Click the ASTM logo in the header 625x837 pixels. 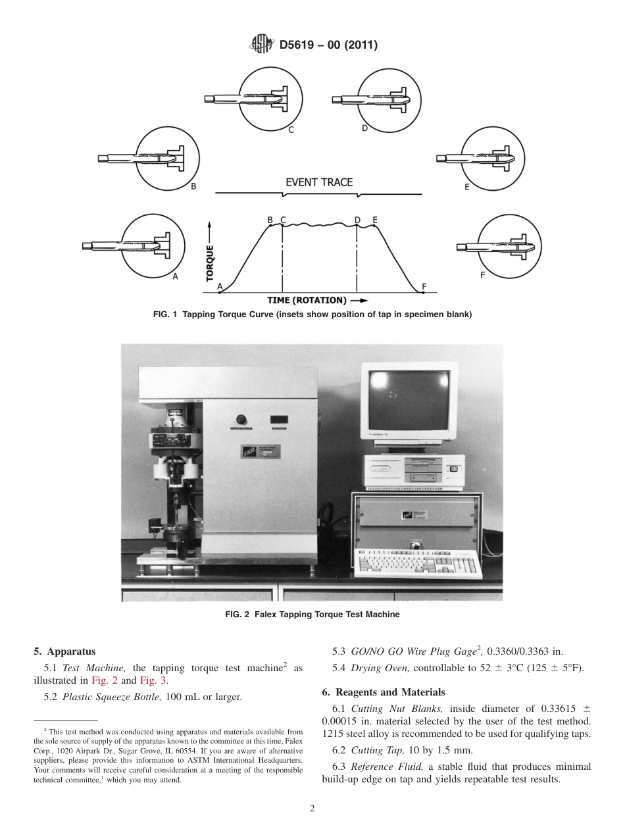pos(262,45)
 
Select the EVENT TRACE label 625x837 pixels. pos(319,182)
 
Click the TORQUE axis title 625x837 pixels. pos(210,263)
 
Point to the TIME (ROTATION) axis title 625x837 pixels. pos(307,300)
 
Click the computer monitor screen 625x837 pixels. pos(409,398)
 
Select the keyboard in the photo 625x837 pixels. pos(417,563)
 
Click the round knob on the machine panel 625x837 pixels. pos(241,419)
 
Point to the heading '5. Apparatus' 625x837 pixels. pos(64,651)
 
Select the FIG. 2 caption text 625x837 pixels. pos(312,615)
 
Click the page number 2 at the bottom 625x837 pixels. pos(312,809)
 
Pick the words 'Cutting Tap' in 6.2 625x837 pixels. pos(376,750)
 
